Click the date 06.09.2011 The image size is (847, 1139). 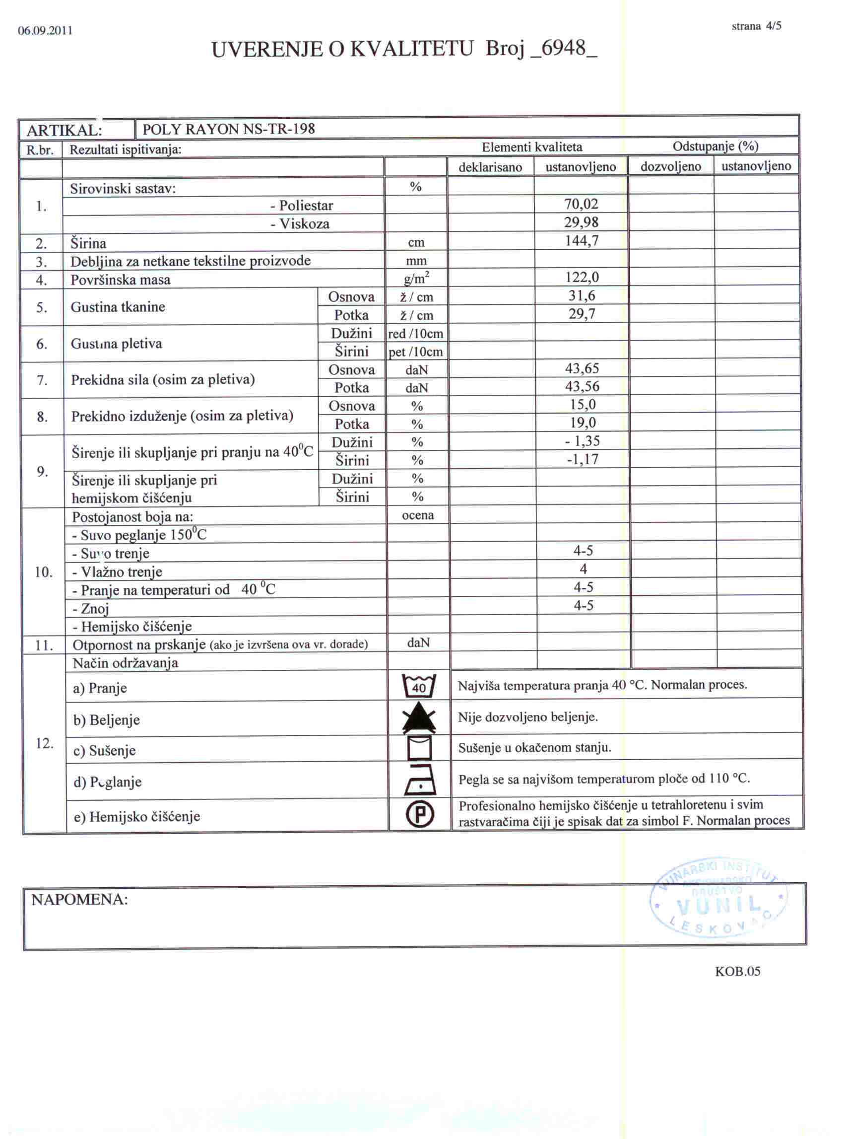coord(45,30)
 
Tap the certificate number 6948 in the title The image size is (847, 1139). coord(563,49)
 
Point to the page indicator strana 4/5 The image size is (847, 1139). coord(756,26)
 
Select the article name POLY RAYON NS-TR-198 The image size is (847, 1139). coord(229,129)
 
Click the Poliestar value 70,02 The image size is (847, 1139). coord(581,204)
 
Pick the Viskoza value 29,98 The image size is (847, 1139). coord(581,222)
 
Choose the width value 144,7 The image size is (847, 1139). coord(582,241)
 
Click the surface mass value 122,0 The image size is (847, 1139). coord(582,278)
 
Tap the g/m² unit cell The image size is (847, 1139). coord(416,279)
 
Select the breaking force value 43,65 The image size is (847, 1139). coord(582,368)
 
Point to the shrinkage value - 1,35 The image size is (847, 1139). coord(583,441)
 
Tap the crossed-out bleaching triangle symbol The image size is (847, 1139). coord(419,718)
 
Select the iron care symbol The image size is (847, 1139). coord(420,780)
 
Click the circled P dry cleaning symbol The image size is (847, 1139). coord(420,815)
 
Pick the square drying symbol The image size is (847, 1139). coord(419,748)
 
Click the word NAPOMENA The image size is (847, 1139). coord(79,900)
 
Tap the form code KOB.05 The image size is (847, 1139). coord(737,972)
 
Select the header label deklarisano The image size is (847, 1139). coord(490,167)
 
